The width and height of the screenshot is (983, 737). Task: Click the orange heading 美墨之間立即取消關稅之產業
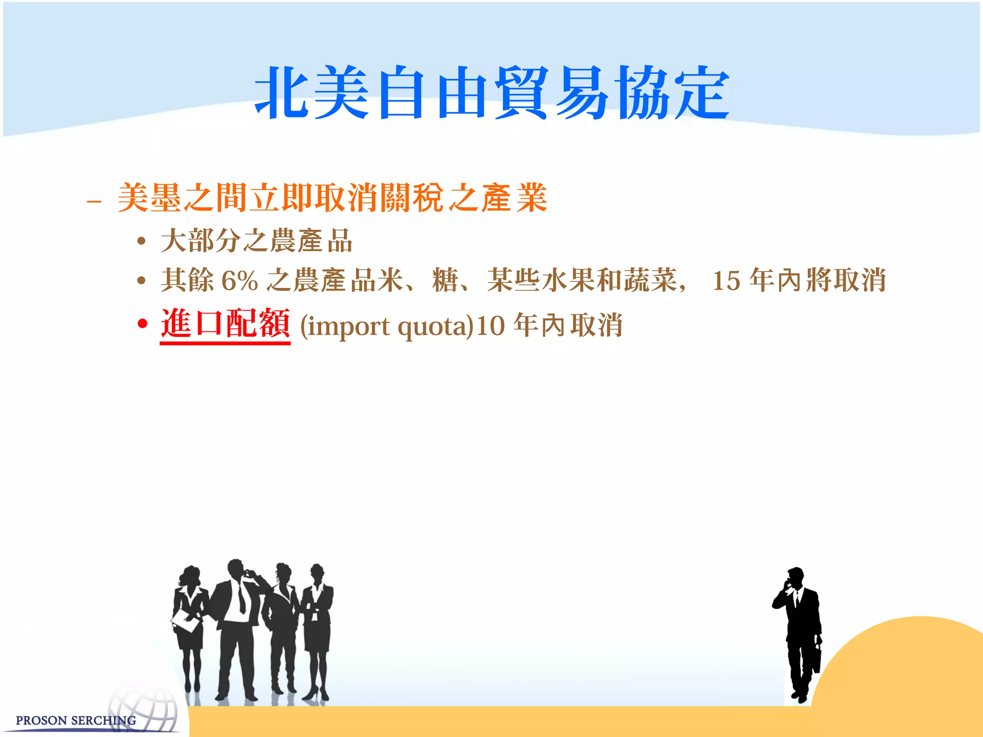click(x=332, y=198)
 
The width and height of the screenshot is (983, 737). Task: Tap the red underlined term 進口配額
click(x=225, y=324)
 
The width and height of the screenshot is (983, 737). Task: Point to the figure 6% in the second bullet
click(x=240, y=281)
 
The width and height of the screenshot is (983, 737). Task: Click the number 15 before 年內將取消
click(x=726, y=281)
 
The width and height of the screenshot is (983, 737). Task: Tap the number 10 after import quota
click(x=491, y=326)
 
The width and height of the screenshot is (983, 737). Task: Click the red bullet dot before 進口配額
click(x=142, y=324)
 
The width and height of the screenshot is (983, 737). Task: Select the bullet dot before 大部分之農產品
click(x=141, y=241)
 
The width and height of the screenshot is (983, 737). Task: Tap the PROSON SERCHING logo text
click(x=75, y=720)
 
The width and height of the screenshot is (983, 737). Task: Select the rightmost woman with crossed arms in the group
click(x=317, y=624)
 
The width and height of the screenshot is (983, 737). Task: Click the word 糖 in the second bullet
click(x=445, y=280)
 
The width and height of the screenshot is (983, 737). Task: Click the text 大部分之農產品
click(x=257, y=241)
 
